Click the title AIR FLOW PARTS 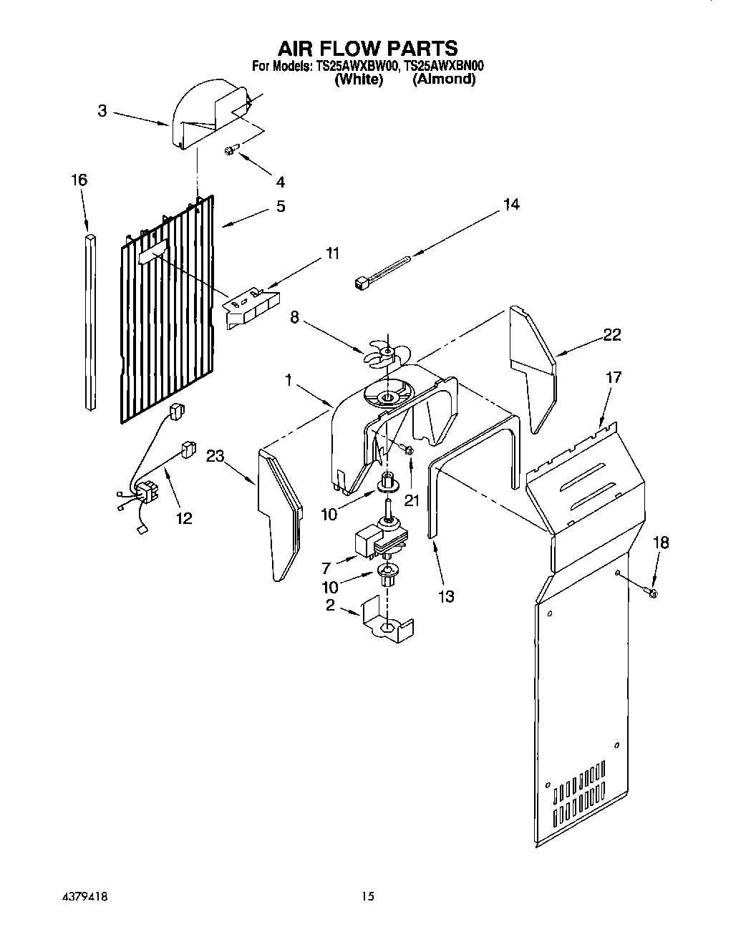tap(367, 48)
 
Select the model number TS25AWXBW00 tap(354, 67)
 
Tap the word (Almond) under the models tap(444, 79)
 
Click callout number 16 tap(79, 180)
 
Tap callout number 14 tap(510, 205)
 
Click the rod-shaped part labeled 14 tap(383, 270)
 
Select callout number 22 tap(611, 334)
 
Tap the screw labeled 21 tap(407, 450)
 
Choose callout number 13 tap(445, 596)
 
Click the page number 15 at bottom tap(368, 895)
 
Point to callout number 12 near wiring tap(184, 518)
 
